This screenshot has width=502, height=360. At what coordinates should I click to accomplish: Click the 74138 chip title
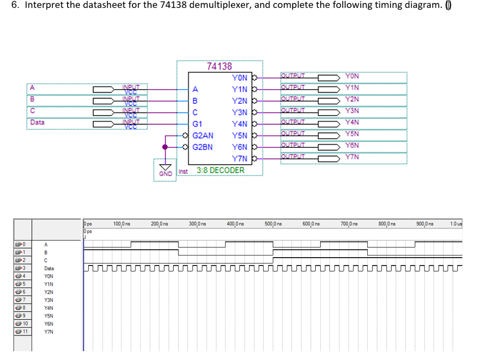pos(219,66)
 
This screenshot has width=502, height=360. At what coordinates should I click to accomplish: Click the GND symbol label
pos(166,173)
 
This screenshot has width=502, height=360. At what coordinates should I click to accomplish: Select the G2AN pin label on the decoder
pos(203,135)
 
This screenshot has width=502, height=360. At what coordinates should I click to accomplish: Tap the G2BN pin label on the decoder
pos(203,146)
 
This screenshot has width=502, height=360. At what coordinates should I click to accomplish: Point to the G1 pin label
pos(198,124)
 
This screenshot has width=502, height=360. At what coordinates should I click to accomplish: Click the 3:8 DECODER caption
pos(220,170)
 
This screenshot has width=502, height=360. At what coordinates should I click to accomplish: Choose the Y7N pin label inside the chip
pos(240,158)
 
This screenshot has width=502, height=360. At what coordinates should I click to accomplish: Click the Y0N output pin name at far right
pos(352,76)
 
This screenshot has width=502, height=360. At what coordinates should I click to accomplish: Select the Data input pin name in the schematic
pos(37,122)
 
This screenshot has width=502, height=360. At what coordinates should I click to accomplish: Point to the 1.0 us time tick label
pos(456,224)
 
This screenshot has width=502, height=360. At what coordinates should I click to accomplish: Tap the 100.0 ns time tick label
pos(122,224)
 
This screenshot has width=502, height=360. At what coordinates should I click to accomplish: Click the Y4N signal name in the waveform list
pos(49,308)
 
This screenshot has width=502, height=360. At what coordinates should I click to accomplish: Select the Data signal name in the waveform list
pos(49,268)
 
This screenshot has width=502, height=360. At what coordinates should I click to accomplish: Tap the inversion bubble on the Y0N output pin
pos(255,77)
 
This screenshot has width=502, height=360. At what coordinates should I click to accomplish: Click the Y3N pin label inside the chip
pos(240,113)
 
